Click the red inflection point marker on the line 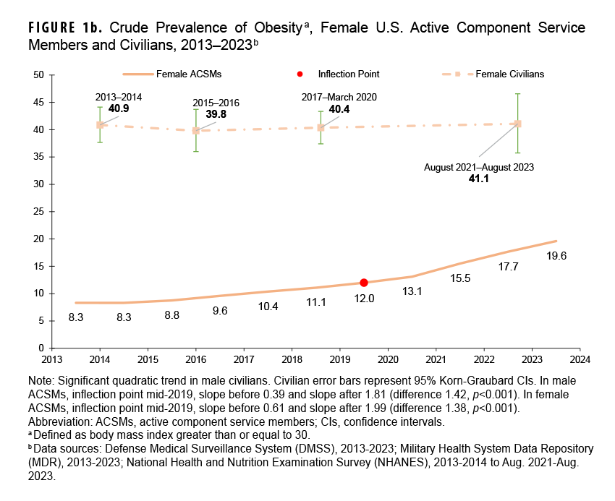(364, 283)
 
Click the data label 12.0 (364, 298)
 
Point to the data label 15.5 (460, 278)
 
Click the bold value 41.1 (478, 178)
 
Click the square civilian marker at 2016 (195, 131)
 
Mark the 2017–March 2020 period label (339, 97)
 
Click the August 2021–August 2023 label (478, 167)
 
